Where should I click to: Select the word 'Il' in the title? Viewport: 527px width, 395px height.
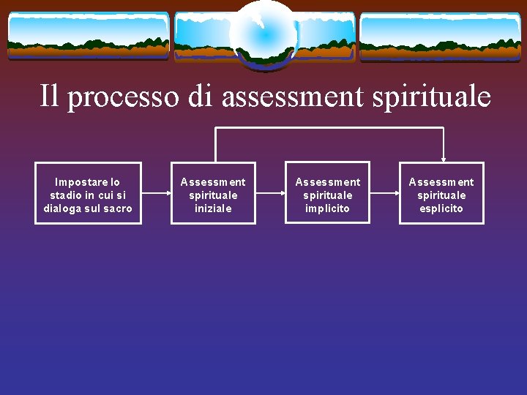[48, 96]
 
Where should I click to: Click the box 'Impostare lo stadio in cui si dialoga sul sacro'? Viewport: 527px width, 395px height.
[88, 193]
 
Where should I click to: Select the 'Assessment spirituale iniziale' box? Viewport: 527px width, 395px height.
[213, 193]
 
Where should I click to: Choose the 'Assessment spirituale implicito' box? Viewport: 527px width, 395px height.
[327, 193]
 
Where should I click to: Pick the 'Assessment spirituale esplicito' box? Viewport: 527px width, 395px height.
[441, 193]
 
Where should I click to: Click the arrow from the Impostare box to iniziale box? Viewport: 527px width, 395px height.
[156, 193]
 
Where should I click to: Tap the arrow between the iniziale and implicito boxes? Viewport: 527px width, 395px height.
[270, 193]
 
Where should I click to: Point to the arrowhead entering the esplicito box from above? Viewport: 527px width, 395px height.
[443, 158]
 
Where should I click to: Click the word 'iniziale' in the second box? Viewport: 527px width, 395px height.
[213, 208]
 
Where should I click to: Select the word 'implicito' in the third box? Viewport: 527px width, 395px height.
[327, 208]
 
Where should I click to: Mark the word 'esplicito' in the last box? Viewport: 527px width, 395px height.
[441, 208]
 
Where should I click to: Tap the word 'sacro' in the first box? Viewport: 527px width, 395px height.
[118, 208]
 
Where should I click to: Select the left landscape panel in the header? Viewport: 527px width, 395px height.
[88, 35]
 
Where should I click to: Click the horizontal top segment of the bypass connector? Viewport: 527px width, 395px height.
[329, 128]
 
